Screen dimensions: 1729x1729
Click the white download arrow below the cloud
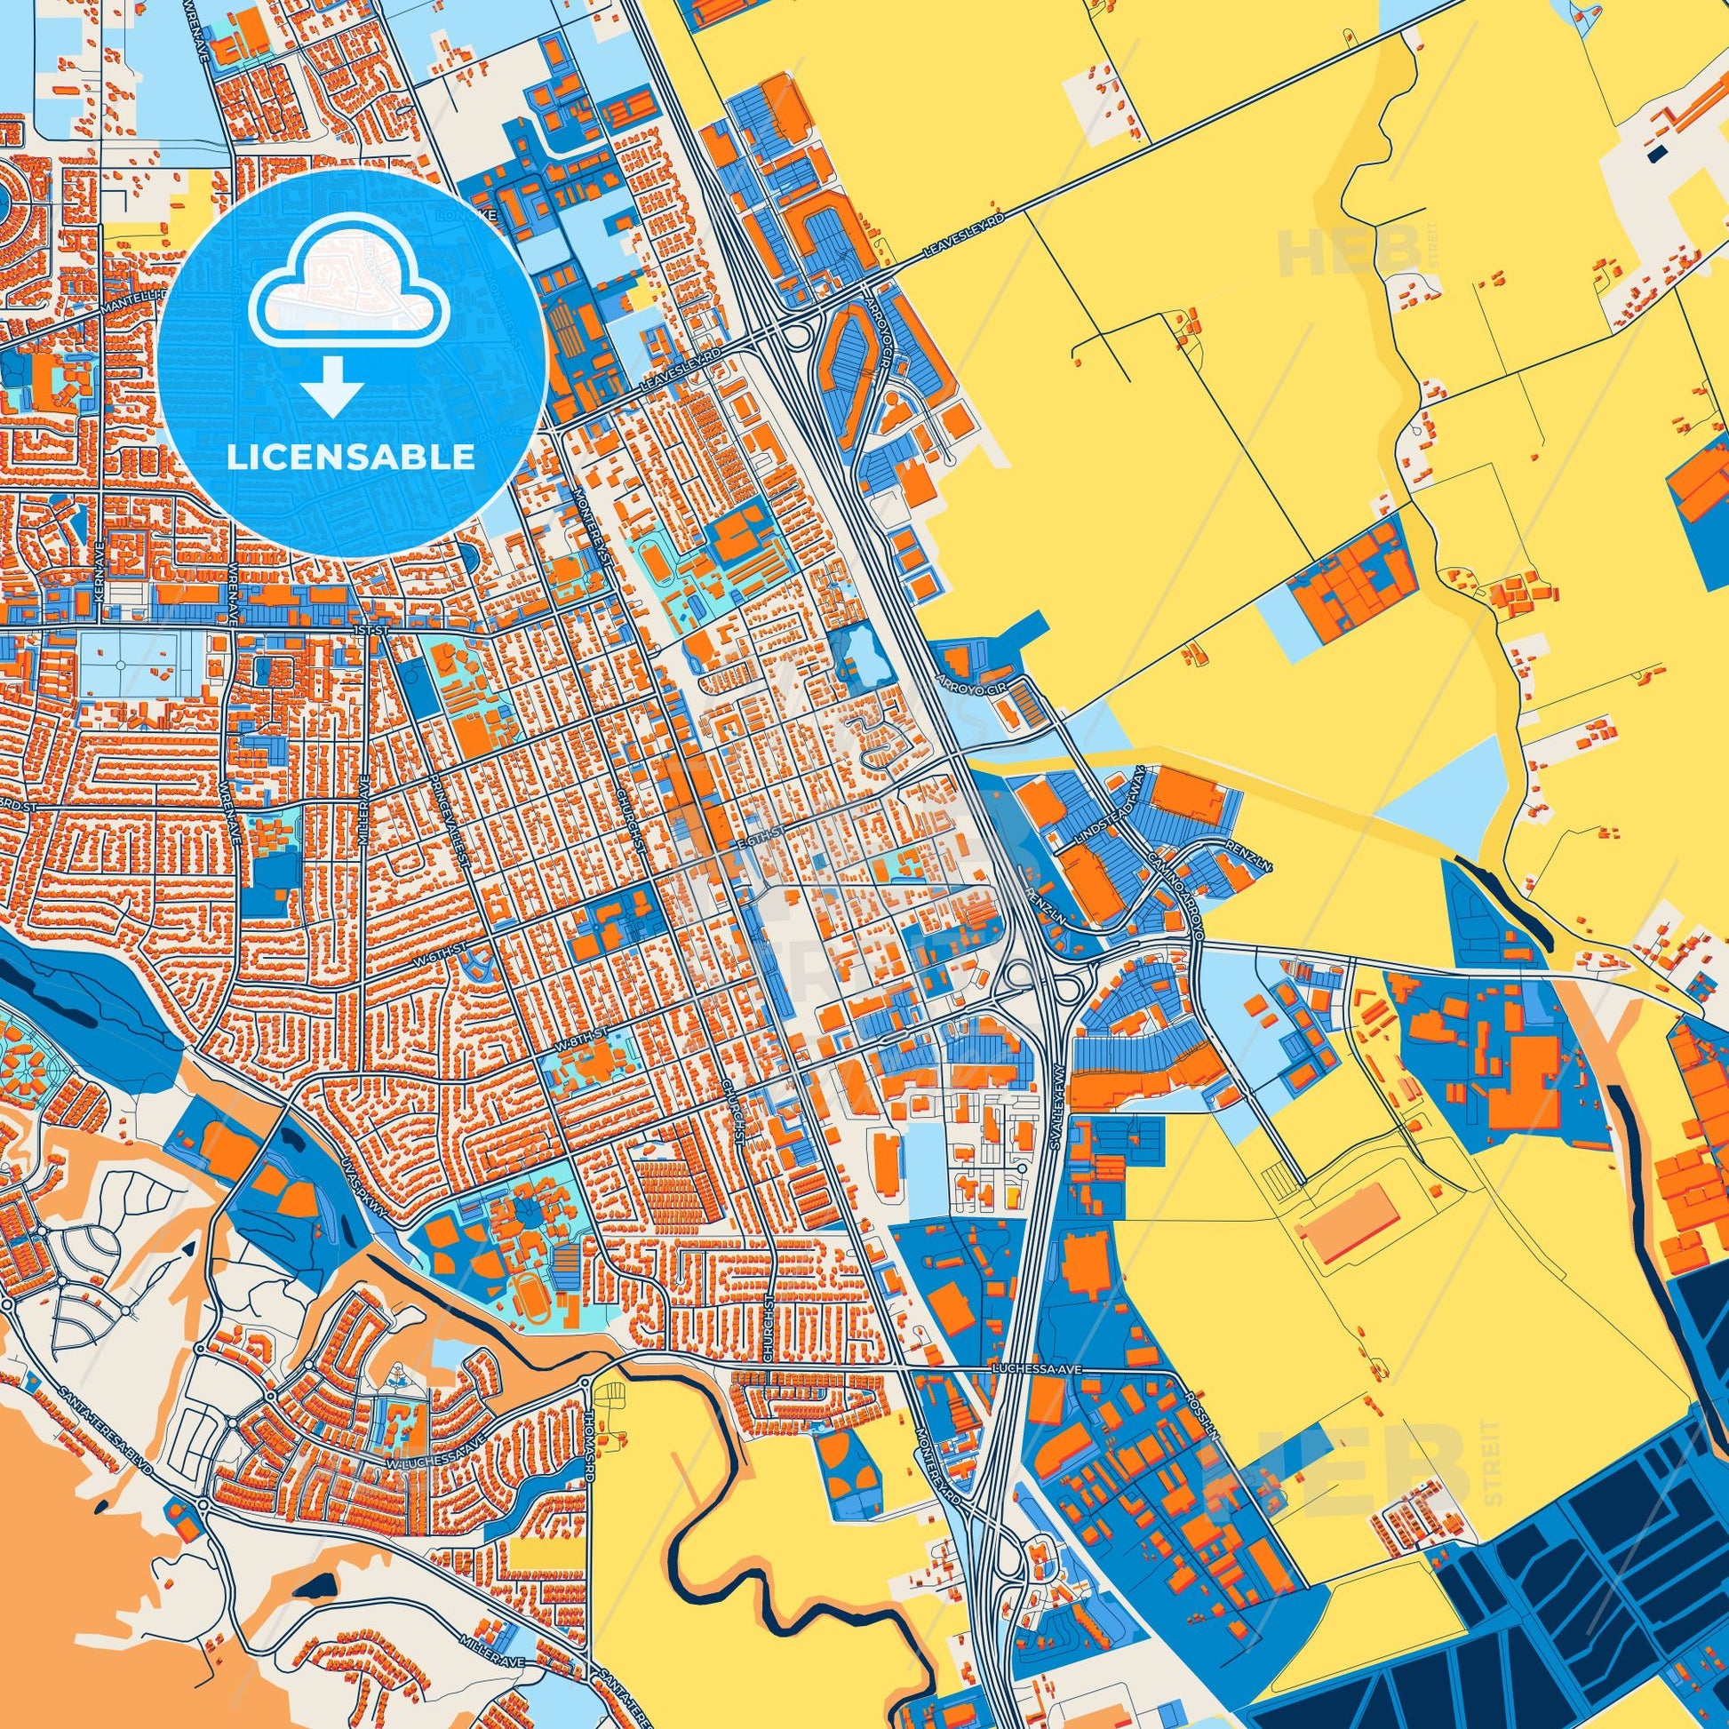332,386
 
